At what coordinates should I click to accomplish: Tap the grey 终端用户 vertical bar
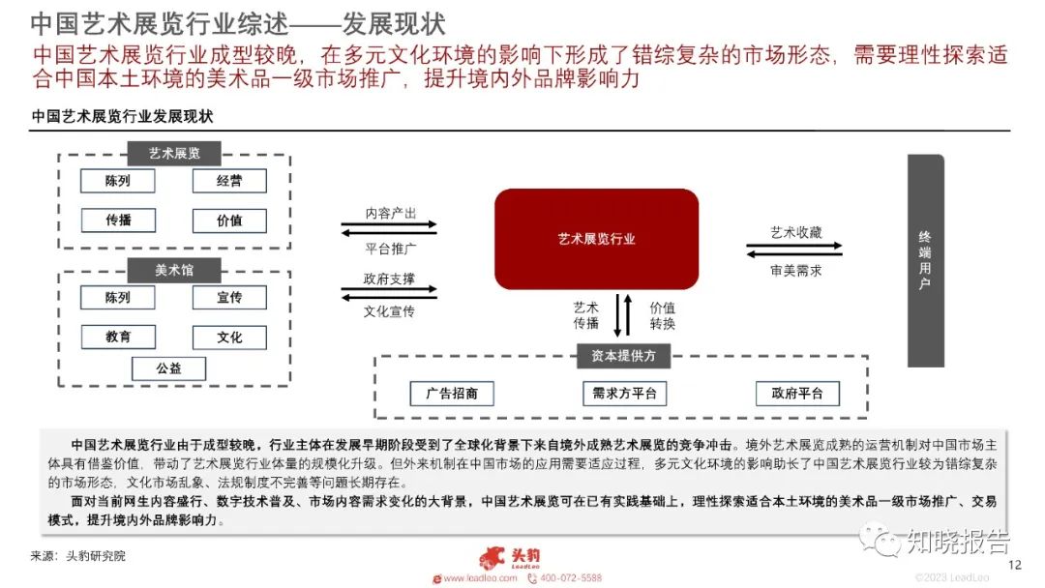click(x=925, y=260)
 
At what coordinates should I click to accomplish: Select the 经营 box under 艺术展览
click(x=229, y=181)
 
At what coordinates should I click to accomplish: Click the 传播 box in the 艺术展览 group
click(x=118, y=220)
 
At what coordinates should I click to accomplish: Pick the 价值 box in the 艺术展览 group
click(x=229, y=220)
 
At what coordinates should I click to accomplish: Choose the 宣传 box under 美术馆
click(x=229, y=298)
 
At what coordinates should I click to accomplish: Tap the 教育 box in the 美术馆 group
click(x=118, y=337)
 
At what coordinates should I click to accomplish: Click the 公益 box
click(x=169, y=367)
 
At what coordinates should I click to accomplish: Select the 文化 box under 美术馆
click(x=229, y=337)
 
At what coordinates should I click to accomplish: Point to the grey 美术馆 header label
click(x=174, y=270)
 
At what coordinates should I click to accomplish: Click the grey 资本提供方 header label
click(x=624, y=355)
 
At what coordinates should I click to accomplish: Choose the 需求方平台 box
click(x=624, y=394)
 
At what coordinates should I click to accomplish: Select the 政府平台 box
click(x=797, y=394)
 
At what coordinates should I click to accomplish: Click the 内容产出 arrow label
click(x=390, y=214)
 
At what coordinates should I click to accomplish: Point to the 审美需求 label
click(x=795, y=271)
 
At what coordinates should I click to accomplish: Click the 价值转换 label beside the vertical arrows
click(x=662, y=315)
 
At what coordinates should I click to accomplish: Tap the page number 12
click(x=1015, y=565)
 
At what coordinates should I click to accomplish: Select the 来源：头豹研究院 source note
click(x=79, y=556)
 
